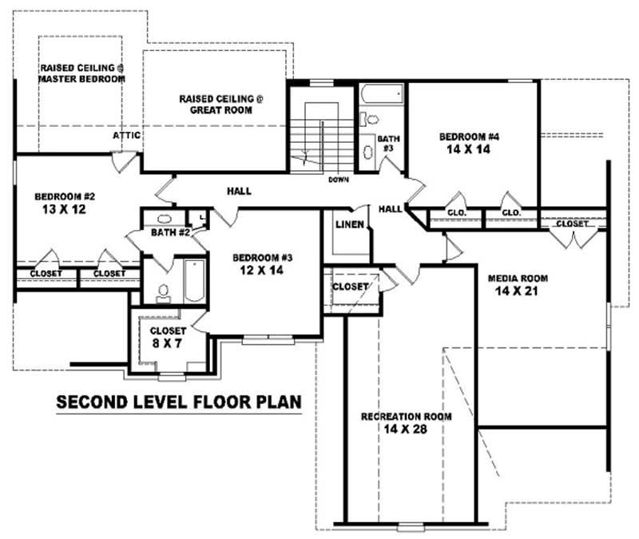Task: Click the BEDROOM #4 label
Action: coord(469,137)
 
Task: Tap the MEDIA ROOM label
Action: coord(518,279)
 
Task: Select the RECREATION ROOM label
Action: coord(407,417)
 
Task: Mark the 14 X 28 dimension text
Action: coord(407,430)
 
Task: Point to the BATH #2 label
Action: coord(169,233)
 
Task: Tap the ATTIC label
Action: coord(126,136)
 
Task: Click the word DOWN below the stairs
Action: coord(338,180)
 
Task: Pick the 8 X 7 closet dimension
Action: coord(168,343)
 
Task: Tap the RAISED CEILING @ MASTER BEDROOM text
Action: coord(83,73)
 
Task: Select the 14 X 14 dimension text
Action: coord(469,150)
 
